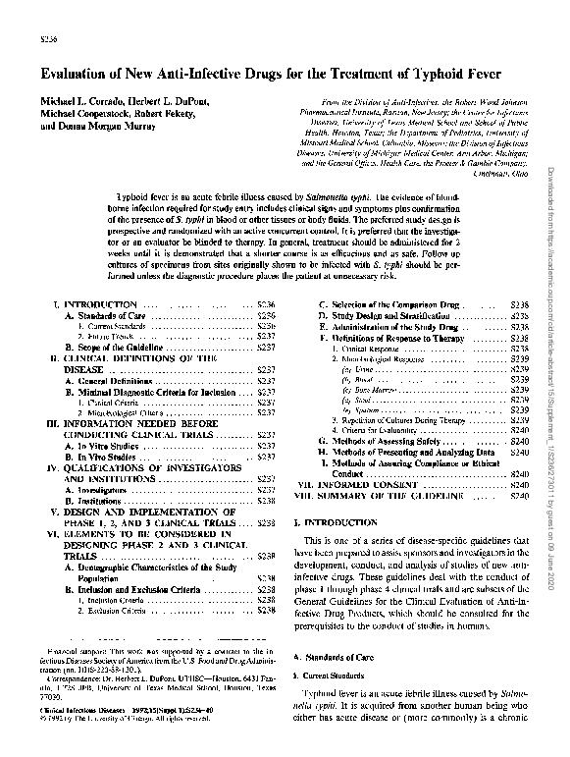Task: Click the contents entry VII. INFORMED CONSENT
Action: [368, 485]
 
